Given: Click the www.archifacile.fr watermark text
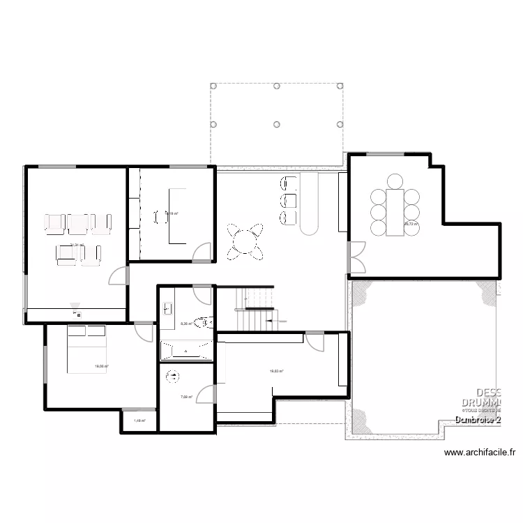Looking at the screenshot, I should pyautogui.click(x=480, y=453).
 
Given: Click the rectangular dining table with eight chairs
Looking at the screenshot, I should pyautogui.click(x=395, y=211).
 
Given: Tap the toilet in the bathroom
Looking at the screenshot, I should pyautogui.click(x=204, y=322).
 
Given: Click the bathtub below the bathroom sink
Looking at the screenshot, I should pyautogui.click(x=186, y=350).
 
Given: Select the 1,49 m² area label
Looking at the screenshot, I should pyautogui.click(x=139, y=421).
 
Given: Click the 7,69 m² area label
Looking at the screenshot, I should pyautogui.click(x=186, y=397).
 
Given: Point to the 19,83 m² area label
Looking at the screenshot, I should pyautogui.click(x=276, y=372).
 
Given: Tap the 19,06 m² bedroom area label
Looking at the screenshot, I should pyautogui.click(x=100, y=366).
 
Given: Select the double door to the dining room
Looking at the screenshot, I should pyautogui.click(x=356, y=257).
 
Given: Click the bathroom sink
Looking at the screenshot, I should pyautogui.click(x=168, y=308).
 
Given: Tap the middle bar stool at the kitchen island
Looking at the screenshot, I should pyautogui.click(x=287, y=202).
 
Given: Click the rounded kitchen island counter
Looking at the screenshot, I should pyautogui.click(x=310, y=206).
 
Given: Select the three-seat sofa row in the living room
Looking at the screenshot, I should pyautogui.click(x=78, y=222).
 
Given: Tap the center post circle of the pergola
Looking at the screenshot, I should pyautogui.click(x=277, y=123).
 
